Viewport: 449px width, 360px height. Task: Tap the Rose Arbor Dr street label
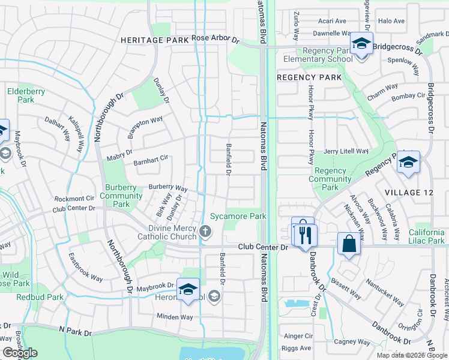[x=215, y=39]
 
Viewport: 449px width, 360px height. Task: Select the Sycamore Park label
[x=238, y=216]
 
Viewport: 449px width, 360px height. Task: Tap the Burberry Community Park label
[x=122, y=196]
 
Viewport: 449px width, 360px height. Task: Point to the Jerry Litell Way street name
[x=345, y=152]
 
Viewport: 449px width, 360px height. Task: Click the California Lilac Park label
[x=418, y=236]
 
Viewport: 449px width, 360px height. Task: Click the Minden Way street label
[x=175, y=317]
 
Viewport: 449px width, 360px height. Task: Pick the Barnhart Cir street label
[x=150, y=161]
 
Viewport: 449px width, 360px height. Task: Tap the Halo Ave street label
[x=393, y=21]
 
